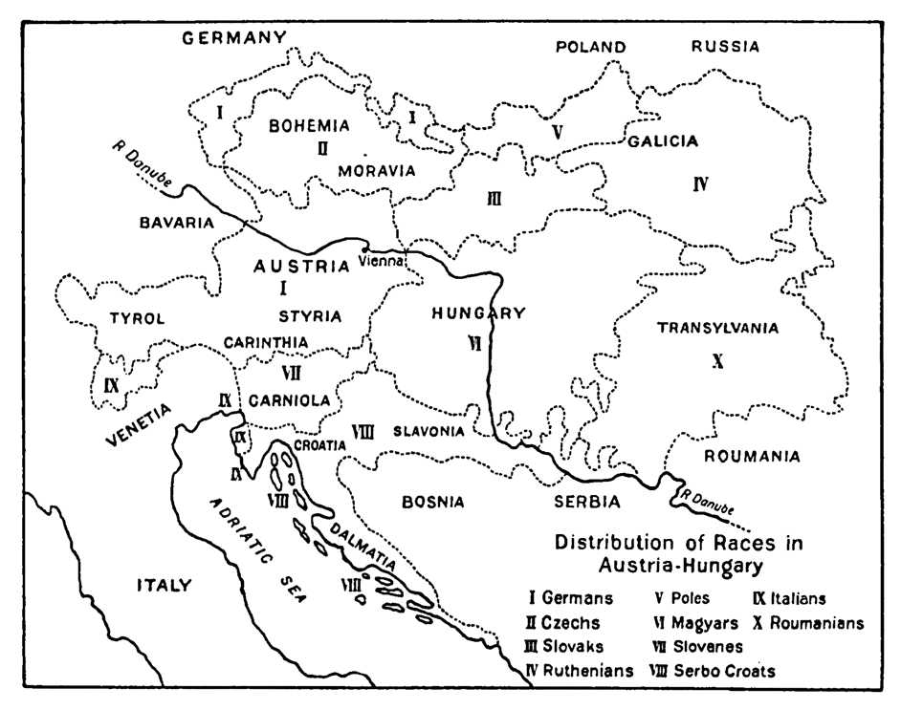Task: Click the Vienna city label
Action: pos(382,259)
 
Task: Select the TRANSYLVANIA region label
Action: pos(717,328)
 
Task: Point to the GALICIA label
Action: pos(663,141)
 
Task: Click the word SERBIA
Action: pos(587,501)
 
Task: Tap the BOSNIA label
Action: pos(432,501)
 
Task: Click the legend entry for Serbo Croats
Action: pos(713,670)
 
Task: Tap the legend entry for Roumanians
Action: pos(809,623)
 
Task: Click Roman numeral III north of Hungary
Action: pos(494,199)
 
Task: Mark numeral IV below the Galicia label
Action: pos(700,184)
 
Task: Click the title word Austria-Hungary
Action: pos(680,564)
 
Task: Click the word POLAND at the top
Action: pos(590,46)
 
